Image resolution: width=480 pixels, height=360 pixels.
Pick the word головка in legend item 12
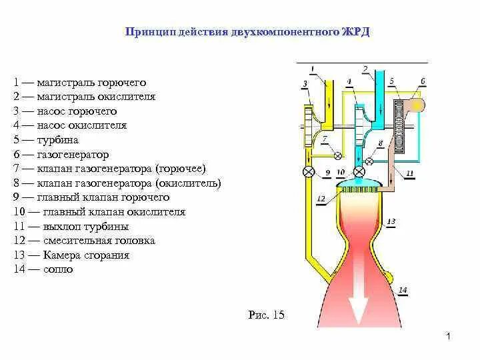tap(134, 241)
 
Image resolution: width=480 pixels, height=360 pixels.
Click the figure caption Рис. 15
tap(265, 315)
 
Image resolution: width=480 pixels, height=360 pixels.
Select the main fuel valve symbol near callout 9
tap(309, 172)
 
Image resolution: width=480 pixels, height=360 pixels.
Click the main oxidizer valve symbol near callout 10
tap(359, 172)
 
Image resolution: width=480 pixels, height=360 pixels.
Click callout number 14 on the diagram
tap(402, 289)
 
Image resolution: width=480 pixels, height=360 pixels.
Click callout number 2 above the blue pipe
tap(365, 69)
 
